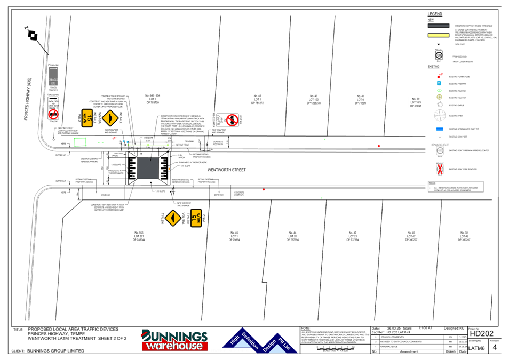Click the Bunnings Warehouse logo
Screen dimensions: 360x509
tap(174, 340)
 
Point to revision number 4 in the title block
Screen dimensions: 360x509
tap(495, 347)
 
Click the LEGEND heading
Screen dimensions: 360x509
tap(435, 13)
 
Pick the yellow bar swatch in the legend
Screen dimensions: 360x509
tap(439, 36)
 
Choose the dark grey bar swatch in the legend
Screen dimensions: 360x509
tap(439, 25)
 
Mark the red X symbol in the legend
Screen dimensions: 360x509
tap(439, 170)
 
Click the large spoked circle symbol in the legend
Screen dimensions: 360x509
tap(439, 115)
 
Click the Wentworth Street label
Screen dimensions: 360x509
tap(226, 170)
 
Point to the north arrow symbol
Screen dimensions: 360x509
tap(33, 35)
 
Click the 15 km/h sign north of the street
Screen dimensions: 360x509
tap(87, 117)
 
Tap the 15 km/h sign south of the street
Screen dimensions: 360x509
tap(196, 218)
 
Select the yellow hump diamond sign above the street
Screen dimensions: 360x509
tap(110, 117)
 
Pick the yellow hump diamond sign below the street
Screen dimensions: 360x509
tap(172, 218)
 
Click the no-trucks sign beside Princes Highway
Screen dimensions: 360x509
tap(53, 114)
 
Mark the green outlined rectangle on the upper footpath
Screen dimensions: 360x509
tap(79, 142)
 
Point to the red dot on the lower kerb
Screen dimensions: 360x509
tap(264, 189)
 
